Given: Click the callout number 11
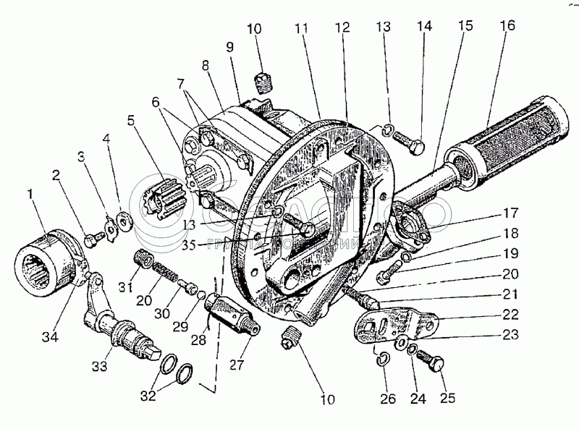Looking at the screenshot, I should [301, 27].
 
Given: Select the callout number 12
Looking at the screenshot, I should [343, 27].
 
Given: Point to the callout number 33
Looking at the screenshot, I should [99, 366].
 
